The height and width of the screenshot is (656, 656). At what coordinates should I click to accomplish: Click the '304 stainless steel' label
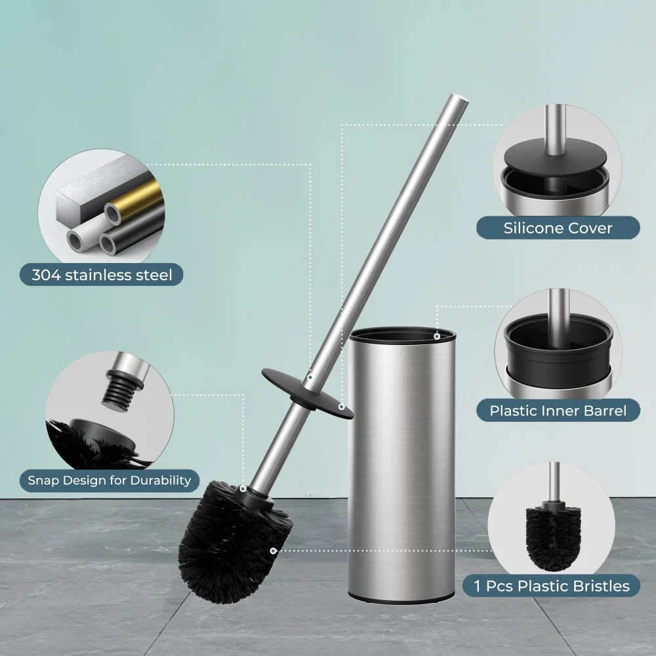tap(102, 275)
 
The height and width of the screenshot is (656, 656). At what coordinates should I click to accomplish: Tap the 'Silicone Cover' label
tap(558, 228)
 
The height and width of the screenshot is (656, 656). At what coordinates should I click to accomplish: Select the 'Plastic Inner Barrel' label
tap(558, 411)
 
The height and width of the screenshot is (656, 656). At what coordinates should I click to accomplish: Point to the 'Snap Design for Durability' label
tap(109, 480)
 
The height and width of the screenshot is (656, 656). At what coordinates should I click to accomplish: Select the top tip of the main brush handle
tap(460, 99)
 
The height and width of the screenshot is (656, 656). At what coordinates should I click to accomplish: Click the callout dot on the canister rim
tap(437, 337)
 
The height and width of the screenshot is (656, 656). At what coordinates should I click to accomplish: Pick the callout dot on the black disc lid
tap(342, 407)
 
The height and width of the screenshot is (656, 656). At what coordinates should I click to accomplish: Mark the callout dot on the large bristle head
tap(272, 551)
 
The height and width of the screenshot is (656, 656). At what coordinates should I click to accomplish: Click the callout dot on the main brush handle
tap(310, 377)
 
